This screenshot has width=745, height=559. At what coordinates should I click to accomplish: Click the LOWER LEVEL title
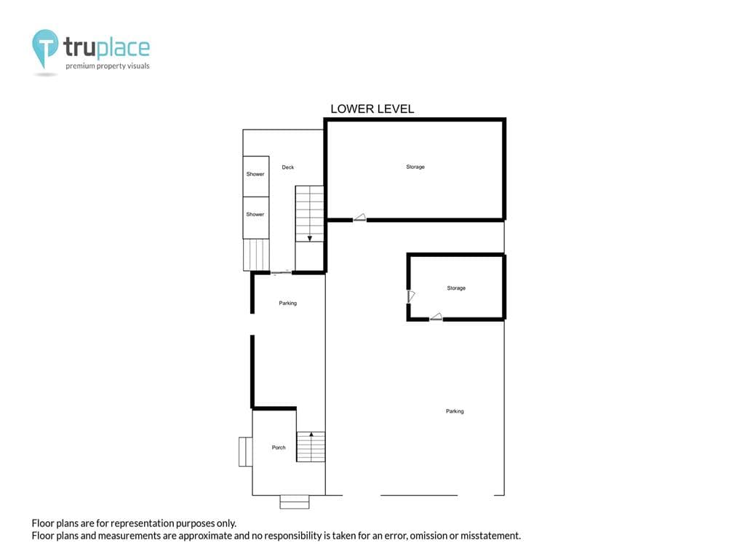372,109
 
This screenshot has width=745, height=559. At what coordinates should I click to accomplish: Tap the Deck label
288,167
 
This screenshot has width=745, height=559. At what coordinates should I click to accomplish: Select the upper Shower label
255,174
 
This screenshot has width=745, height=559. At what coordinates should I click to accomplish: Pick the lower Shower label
255,215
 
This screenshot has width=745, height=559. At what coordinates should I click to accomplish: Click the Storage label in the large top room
415,167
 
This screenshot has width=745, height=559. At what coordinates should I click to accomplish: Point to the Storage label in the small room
456,288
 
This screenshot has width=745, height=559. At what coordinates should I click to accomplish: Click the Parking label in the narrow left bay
288,304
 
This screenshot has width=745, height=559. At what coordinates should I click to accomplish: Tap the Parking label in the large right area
455,411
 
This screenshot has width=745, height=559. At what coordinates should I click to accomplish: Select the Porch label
279,448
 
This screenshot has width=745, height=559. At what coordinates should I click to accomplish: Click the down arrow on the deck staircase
310,238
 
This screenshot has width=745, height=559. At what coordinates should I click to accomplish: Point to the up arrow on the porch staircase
311,434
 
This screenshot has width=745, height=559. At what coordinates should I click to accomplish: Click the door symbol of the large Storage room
359,218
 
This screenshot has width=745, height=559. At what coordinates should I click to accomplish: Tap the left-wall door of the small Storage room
410,297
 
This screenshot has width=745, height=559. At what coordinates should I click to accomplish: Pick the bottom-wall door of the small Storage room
437,317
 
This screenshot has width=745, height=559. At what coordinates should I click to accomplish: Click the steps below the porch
295,502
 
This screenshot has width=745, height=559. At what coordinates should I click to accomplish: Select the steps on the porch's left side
246,452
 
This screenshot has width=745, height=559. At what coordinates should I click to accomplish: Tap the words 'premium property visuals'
108,66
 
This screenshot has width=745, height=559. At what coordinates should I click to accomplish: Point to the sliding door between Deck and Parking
282,273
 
